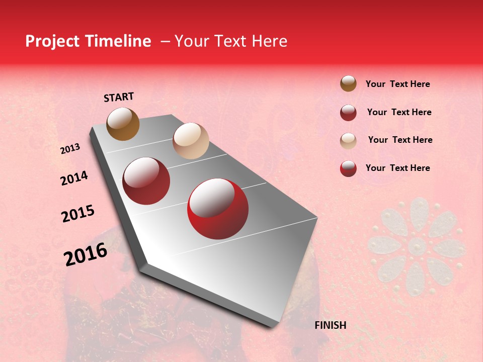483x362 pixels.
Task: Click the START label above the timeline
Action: point(119,97)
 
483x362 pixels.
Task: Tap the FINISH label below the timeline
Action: point(330,325)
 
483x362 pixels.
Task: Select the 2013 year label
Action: point(70,149)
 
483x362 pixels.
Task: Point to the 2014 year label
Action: point(74,178)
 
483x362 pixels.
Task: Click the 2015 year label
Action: point(78,214)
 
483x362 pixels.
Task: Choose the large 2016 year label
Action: point(86,254)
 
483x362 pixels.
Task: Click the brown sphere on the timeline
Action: point(123,124)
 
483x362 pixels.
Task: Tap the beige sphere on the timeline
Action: point(191,141)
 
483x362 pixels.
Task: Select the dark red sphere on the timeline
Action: point(146,181)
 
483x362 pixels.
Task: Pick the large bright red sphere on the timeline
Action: point(218,209)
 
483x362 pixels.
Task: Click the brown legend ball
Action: point(348,84)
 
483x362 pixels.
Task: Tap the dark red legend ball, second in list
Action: point(348,113)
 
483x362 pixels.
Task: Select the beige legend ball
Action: point(348,141)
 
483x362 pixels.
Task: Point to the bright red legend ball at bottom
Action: point(348,168)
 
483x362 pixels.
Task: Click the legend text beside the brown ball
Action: point(397,84)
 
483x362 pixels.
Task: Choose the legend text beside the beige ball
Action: point(400,140)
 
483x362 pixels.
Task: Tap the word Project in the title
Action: point(52,41)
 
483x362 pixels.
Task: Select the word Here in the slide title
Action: point(269,41)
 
